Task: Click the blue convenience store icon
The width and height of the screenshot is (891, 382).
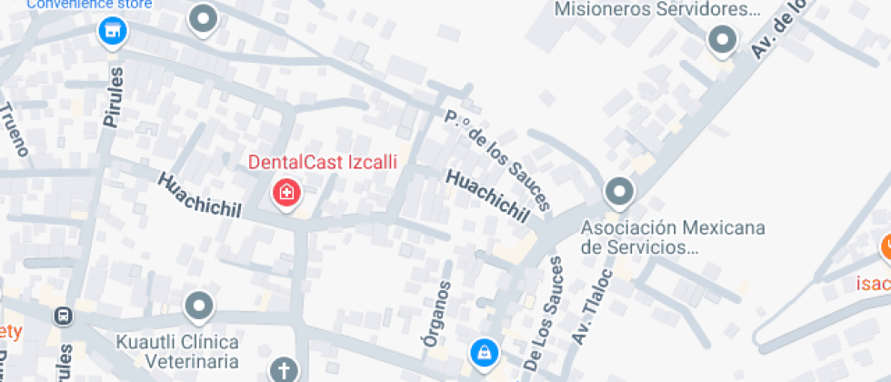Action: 112,32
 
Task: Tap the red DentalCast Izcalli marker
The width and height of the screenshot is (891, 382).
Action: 286,192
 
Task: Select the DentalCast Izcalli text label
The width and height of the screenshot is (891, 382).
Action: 323,163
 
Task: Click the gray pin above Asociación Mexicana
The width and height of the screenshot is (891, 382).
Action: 619,192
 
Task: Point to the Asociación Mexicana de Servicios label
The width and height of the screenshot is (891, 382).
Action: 673,236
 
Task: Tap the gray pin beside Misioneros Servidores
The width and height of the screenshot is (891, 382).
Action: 722,39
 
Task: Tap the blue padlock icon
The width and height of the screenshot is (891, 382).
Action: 484,352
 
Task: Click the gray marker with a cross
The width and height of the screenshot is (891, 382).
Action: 284,369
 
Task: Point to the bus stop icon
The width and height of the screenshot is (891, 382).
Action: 64,317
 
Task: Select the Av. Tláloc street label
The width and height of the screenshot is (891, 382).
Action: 592,306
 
